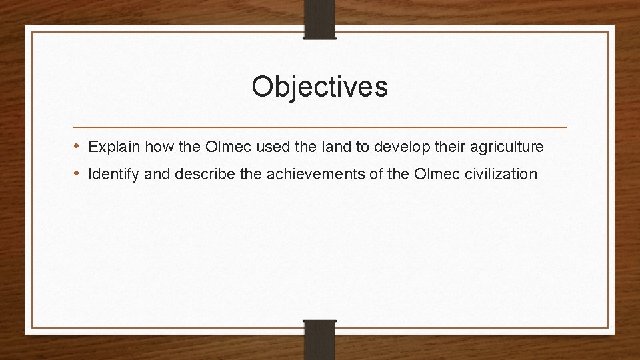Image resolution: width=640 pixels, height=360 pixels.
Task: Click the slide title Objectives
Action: pos(319,87)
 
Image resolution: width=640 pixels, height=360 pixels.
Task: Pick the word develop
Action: pos(379,146)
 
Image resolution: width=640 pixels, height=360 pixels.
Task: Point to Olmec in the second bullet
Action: pos(433,174)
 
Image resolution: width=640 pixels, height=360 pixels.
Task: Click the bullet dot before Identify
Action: pos(77,174)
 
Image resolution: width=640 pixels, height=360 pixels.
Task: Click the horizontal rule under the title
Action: pos(319,127)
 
